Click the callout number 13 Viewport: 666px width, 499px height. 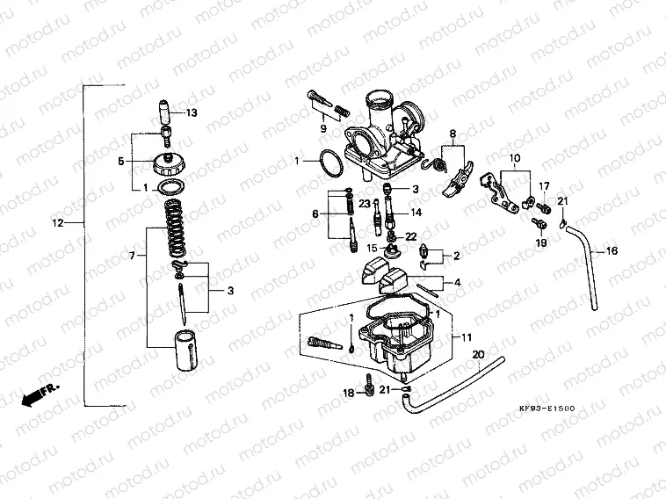point(192,112)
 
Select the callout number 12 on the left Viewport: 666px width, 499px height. point(58,223)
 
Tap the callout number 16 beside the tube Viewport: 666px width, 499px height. point(612,251)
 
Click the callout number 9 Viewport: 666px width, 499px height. point(322,129)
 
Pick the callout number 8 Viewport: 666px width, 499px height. point(452,135)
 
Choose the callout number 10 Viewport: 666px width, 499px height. point(514,158)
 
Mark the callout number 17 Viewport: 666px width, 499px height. point(544,186)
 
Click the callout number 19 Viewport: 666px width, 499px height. point(541,242)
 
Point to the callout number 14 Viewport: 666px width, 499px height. point(416,213)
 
